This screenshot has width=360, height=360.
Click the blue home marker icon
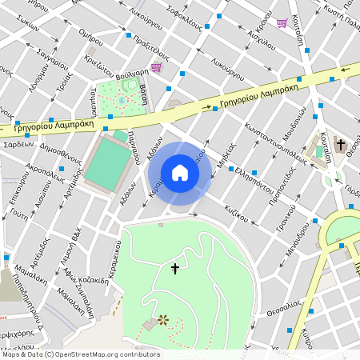click(180, 173)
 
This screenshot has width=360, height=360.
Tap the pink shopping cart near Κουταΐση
click(282, 22)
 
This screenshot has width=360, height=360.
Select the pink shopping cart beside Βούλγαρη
click(155, 68)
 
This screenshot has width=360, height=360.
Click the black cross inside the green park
click(175, 270)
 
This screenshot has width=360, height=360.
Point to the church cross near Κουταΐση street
click(340, 145)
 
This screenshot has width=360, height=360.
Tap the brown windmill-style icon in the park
click(163, 320)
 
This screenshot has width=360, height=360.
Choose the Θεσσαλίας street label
click(283, 309)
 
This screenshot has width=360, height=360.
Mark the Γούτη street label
click(20, 216)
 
